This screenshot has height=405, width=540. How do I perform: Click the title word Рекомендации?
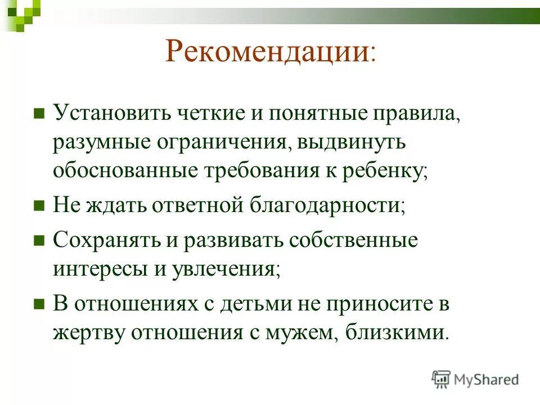267,52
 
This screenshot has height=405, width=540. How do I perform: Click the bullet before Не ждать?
39,206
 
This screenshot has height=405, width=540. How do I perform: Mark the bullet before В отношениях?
39,305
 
